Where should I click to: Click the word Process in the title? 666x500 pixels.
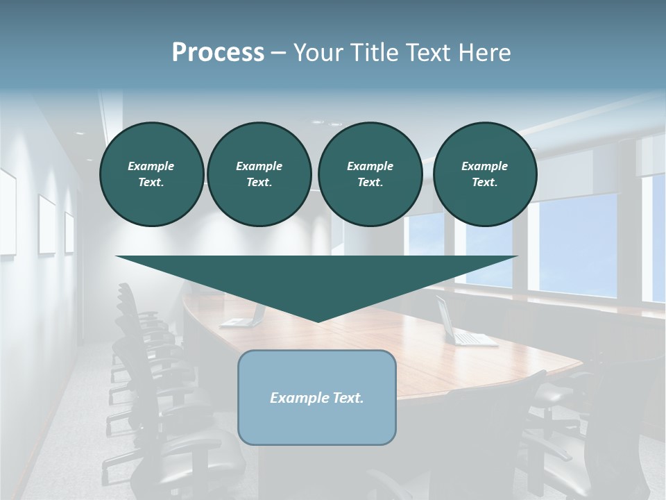click(218, 52)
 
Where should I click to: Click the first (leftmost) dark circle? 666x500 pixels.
click(151, 174)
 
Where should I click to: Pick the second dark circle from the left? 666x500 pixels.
click(259, 174)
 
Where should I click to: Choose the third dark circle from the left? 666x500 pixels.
click(370, 174)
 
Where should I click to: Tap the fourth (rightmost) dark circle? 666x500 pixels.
click(484, 174)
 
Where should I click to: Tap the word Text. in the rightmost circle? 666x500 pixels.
click(484, 182)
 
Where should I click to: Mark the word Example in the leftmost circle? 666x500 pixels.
click(151, 166)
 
